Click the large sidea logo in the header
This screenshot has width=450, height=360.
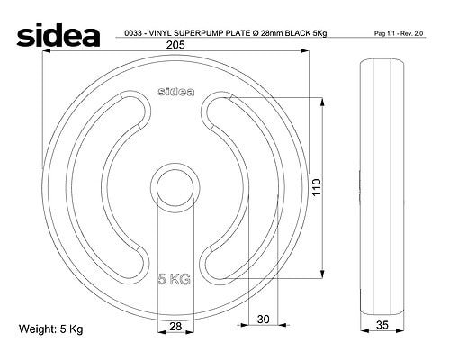pos(58,34)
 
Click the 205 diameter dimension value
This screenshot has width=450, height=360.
pos(175,45)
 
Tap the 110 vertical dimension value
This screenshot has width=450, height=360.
pos(317,187)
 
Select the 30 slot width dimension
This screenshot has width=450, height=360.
pos(264,319)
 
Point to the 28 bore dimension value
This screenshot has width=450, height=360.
pos(175,326)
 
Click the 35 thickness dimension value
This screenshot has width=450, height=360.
pos(382,325)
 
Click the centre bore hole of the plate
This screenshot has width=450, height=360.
pos(175,188)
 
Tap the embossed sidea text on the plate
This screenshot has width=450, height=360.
pos(176,92)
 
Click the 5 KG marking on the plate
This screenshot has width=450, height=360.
pos(175,279)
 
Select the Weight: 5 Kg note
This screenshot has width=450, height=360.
pos(51,328)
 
